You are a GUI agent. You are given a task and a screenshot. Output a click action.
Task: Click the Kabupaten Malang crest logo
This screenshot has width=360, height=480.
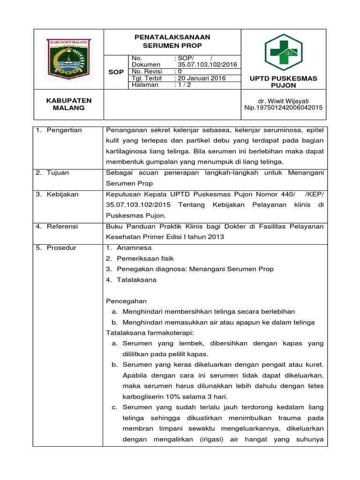(68, 58)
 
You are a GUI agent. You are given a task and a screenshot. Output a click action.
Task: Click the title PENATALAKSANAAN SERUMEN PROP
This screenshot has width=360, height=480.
(172, 41)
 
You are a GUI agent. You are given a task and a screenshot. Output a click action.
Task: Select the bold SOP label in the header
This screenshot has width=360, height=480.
(116, 72)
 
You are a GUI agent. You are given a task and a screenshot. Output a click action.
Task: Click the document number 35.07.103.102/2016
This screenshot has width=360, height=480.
(207, 65)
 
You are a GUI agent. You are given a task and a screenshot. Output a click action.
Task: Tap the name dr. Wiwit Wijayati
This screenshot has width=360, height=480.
(283, 100)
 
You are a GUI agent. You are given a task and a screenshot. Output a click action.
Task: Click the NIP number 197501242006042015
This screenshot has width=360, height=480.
(284, 107)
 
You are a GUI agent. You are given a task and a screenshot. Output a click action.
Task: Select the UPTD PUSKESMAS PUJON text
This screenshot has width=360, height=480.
(284, 82)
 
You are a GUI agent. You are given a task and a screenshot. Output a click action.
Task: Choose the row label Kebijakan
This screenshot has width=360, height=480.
(62, 194)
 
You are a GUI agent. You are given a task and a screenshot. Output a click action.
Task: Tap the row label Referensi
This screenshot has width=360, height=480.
(62, 226)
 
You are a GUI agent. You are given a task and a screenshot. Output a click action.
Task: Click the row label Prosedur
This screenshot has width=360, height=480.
(61, 247)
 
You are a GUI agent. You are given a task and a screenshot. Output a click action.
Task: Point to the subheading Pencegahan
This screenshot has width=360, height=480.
(127, 301)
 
